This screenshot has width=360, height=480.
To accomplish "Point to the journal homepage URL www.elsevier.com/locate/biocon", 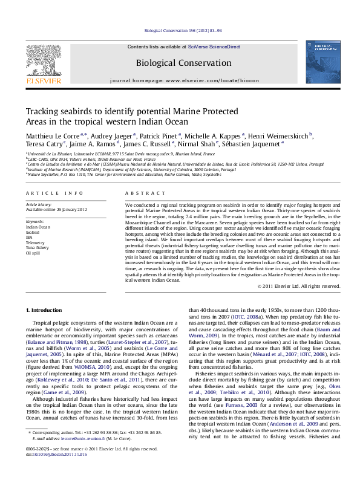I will [204, 80].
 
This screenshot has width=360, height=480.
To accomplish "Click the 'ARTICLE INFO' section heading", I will [54, 193].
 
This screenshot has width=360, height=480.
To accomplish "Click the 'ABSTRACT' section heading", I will [141, 193].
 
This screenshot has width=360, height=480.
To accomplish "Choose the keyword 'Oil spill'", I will [33, 253].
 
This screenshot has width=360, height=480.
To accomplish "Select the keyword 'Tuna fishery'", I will [37, 247].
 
